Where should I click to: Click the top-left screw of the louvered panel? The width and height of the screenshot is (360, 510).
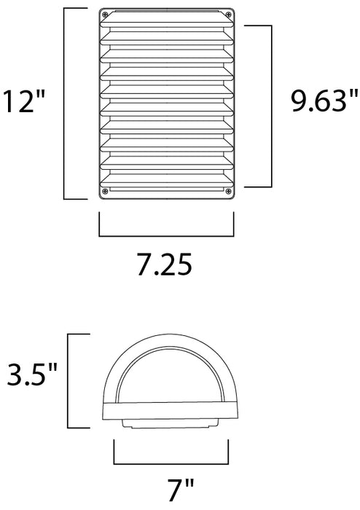coord(106,15)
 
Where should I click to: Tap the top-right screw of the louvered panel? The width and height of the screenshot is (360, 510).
coord(225,15)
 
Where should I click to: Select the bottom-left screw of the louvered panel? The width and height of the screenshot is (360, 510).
coord(106,192)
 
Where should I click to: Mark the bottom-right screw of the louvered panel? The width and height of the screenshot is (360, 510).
coord(225,192)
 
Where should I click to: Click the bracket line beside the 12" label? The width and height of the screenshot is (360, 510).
coord(66,103)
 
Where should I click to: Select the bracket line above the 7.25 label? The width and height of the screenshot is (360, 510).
coord(165,235)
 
